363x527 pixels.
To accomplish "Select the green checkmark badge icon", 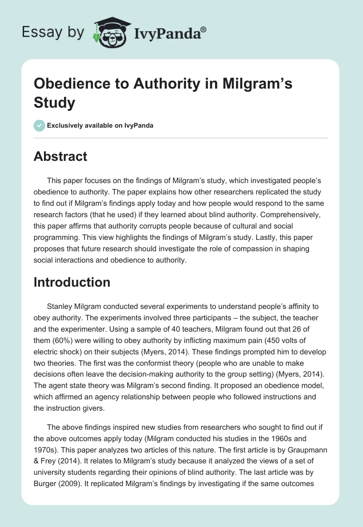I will [x=39, y=125].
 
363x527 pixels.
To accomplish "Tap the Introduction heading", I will [x=72, y=282].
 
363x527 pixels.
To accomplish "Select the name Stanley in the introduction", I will [x=61, y=305].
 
